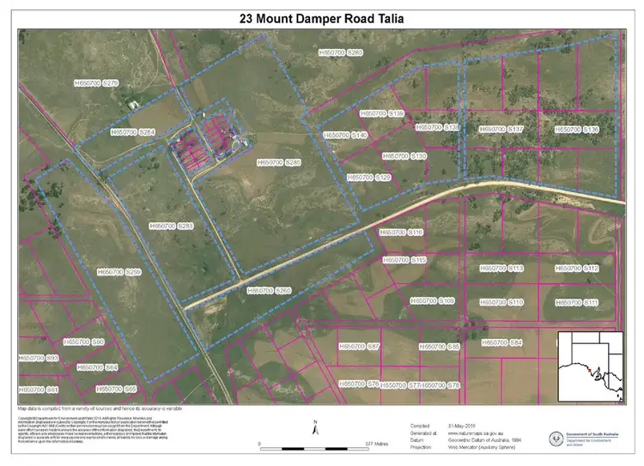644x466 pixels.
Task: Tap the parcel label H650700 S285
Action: (280, 162)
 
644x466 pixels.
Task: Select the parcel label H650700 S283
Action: (172, 226)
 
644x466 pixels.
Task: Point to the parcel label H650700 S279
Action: (96, 83)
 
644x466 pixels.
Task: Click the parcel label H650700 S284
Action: (133, 132)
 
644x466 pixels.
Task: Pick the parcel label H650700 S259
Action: (119, 272)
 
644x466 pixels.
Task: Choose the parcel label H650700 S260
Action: (270, 291)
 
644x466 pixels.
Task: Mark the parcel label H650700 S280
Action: (341, 53)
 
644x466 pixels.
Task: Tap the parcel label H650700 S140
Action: (346, 136)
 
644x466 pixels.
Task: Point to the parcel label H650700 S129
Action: (369, 177)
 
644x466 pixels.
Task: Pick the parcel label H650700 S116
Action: (403, 233)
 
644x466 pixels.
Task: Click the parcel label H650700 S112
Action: (577, 269)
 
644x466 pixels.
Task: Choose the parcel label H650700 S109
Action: (433, 301)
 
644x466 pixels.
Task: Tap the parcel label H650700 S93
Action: (39, 358)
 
